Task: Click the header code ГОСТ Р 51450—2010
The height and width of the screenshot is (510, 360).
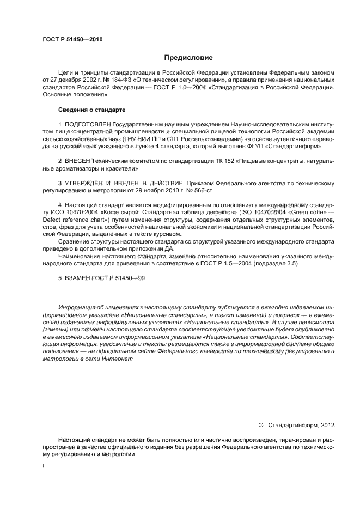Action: point(72,40)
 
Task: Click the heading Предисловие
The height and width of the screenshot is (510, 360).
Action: point(188,57)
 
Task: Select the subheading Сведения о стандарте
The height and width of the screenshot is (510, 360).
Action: point(89,109)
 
